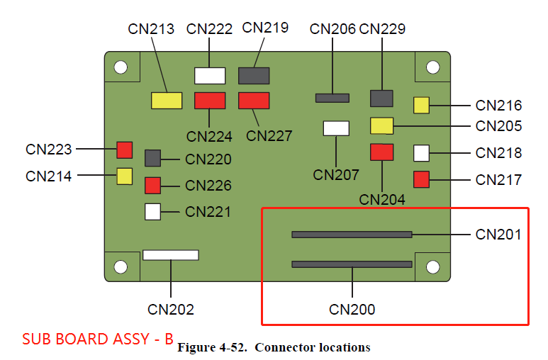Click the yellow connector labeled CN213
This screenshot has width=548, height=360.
point(167,100)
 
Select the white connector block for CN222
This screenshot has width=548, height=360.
point(210,76)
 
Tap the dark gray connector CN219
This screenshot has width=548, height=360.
point(254,76)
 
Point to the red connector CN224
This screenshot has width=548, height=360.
point(210,100)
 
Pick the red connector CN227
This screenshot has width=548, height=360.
point(254,100)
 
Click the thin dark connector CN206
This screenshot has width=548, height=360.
point(332,97)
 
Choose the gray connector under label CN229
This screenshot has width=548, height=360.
point(381,99)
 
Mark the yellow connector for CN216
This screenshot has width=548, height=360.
point(421,106)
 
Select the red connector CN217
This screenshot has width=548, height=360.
point(421,179)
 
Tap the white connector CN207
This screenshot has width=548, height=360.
point(336,128)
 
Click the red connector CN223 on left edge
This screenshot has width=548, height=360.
point(125,150)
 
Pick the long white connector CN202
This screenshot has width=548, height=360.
point(170,254)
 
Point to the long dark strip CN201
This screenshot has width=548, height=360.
point(352,234)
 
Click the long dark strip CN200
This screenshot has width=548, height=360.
point(352,264)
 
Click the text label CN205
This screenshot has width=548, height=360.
point(498,126)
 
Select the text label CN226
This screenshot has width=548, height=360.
point(208,186)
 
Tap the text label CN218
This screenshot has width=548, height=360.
point(498,153)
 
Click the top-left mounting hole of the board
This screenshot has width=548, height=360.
point(121,67)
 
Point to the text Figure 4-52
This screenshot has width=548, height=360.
point(211,348)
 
